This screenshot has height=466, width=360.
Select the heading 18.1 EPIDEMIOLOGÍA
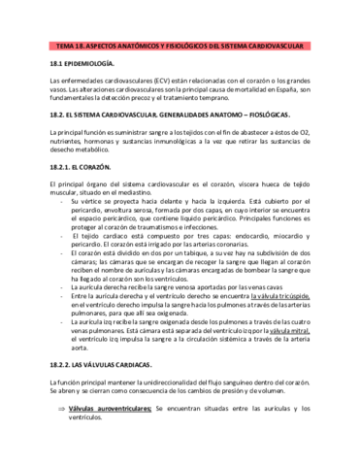88,63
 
